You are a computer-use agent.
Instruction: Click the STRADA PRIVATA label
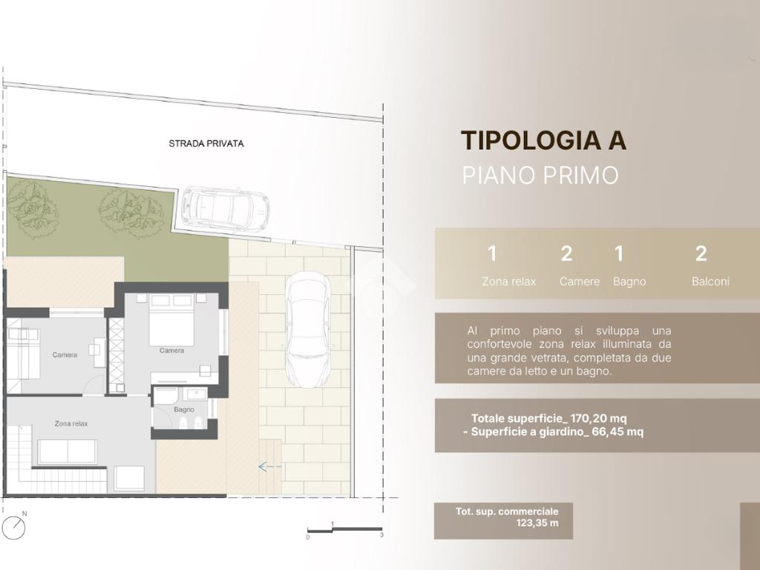point(206,143)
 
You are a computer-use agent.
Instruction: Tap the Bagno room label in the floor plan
point(184,410)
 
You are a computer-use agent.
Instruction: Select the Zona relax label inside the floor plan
point(71,424)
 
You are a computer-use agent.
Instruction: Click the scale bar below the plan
point(344,530)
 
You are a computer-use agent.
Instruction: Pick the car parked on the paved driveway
point(307,330)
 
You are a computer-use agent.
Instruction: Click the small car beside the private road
point(226,207)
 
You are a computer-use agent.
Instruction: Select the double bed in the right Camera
point(171,319)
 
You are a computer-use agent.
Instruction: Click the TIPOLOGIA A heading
point(543,140)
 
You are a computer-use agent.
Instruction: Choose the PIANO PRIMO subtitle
point(540,175)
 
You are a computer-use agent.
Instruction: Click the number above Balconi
point(701,254)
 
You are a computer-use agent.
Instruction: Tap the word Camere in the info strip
point(579,281)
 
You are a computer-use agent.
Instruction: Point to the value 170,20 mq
point(599,419)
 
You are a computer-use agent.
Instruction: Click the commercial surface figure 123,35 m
point(537,523)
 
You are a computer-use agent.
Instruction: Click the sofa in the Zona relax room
point(68,452)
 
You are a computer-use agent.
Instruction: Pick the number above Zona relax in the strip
point(493,254)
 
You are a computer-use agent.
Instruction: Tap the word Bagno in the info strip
point(629,281)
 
